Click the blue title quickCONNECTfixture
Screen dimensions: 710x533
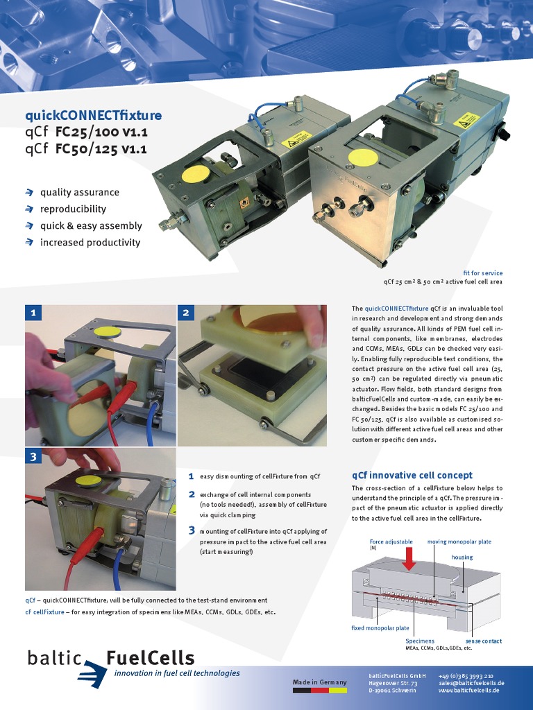coord(93,115)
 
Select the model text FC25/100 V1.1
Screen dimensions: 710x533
coord(101,132)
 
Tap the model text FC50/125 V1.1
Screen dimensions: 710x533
coord(101,148)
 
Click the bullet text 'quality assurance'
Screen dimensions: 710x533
coord(79,192)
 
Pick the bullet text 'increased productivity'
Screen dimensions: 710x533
coord(90,243)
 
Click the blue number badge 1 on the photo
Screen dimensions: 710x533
coord(33,313)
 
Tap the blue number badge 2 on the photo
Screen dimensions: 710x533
coord(185,313)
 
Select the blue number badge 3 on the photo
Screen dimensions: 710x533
coord(33,458)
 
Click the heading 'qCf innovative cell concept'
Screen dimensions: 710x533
coord(412,475)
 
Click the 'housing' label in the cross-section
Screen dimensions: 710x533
coord(462,557)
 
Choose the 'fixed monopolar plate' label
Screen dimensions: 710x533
coord(380,628)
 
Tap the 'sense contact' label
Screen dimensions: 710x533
coord(483,641)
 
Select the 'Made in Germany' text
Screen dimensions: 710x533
coord(319,682)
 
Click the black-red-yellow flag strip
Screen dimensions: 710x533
coord(319,691)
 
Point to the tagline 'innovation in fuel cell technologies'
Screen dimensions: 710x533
coord(177,673)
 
